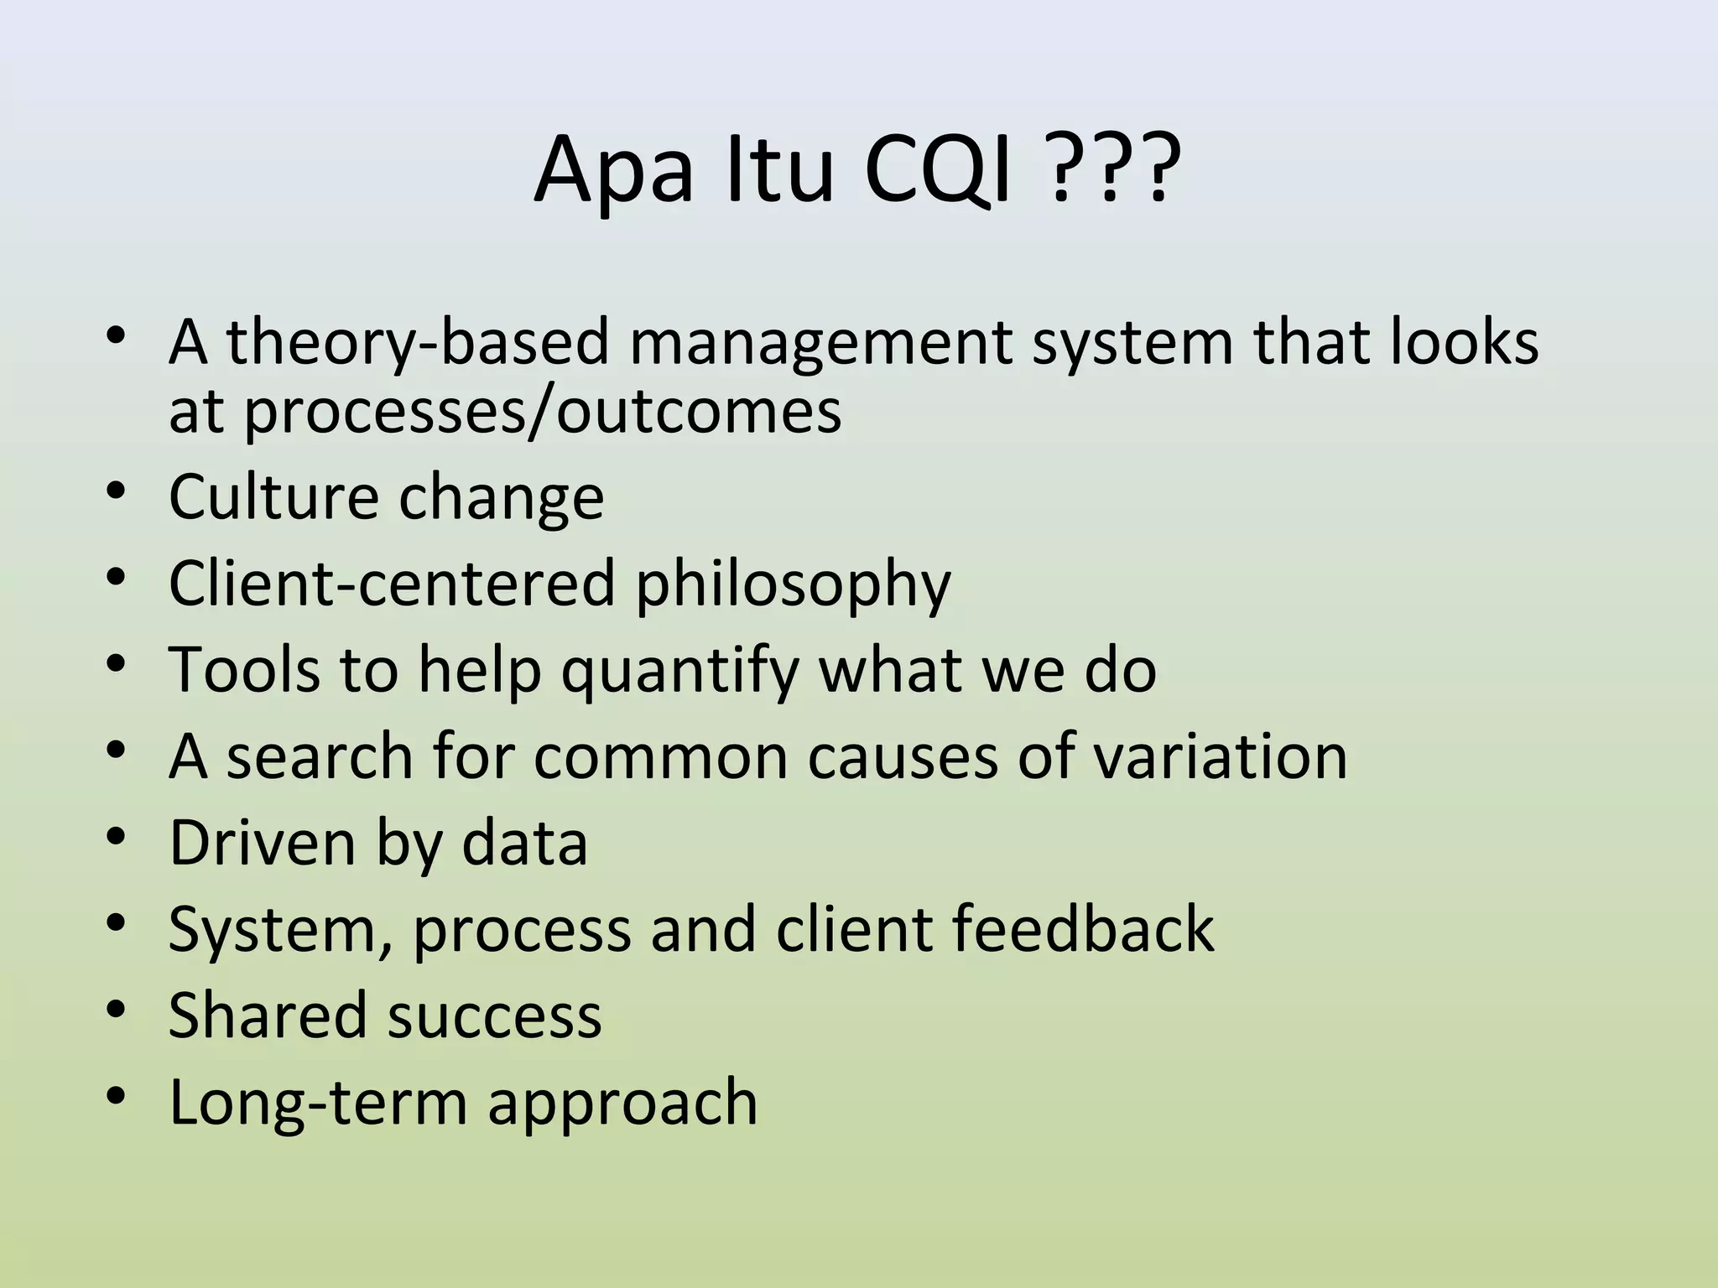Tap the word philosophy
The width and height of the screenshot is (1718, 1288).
[x=793, y=584]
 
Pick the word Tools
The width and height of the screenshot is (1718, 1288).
[x=244, y=671]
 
